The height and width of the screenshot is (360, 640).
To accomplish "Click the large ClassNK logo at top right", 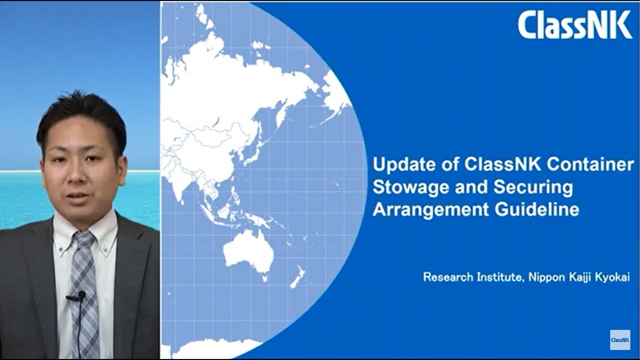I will point(574,25).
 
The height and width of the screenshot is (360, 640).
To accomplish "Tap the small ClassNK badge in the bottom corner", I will point(620,340).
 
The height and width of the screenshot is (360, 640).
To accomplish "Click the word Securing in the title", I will point(533,187).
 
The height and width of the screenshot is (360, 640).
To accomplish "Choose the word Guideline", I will point(537,209).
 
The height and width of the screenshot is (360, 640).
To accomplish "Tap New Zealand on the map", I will point(297,277).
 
